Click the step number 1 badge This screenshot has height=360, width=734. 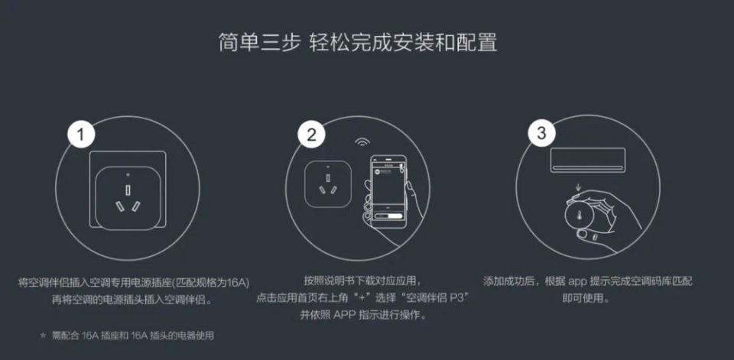click(x=83, y=136)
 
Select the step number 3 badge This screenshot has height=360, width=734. click(x=541, y=133)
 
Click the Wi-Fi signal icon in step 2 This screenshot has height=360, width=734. click(x=360, y=143)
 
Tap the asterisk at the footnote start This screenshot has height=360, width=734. click(x=43, y=335)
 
